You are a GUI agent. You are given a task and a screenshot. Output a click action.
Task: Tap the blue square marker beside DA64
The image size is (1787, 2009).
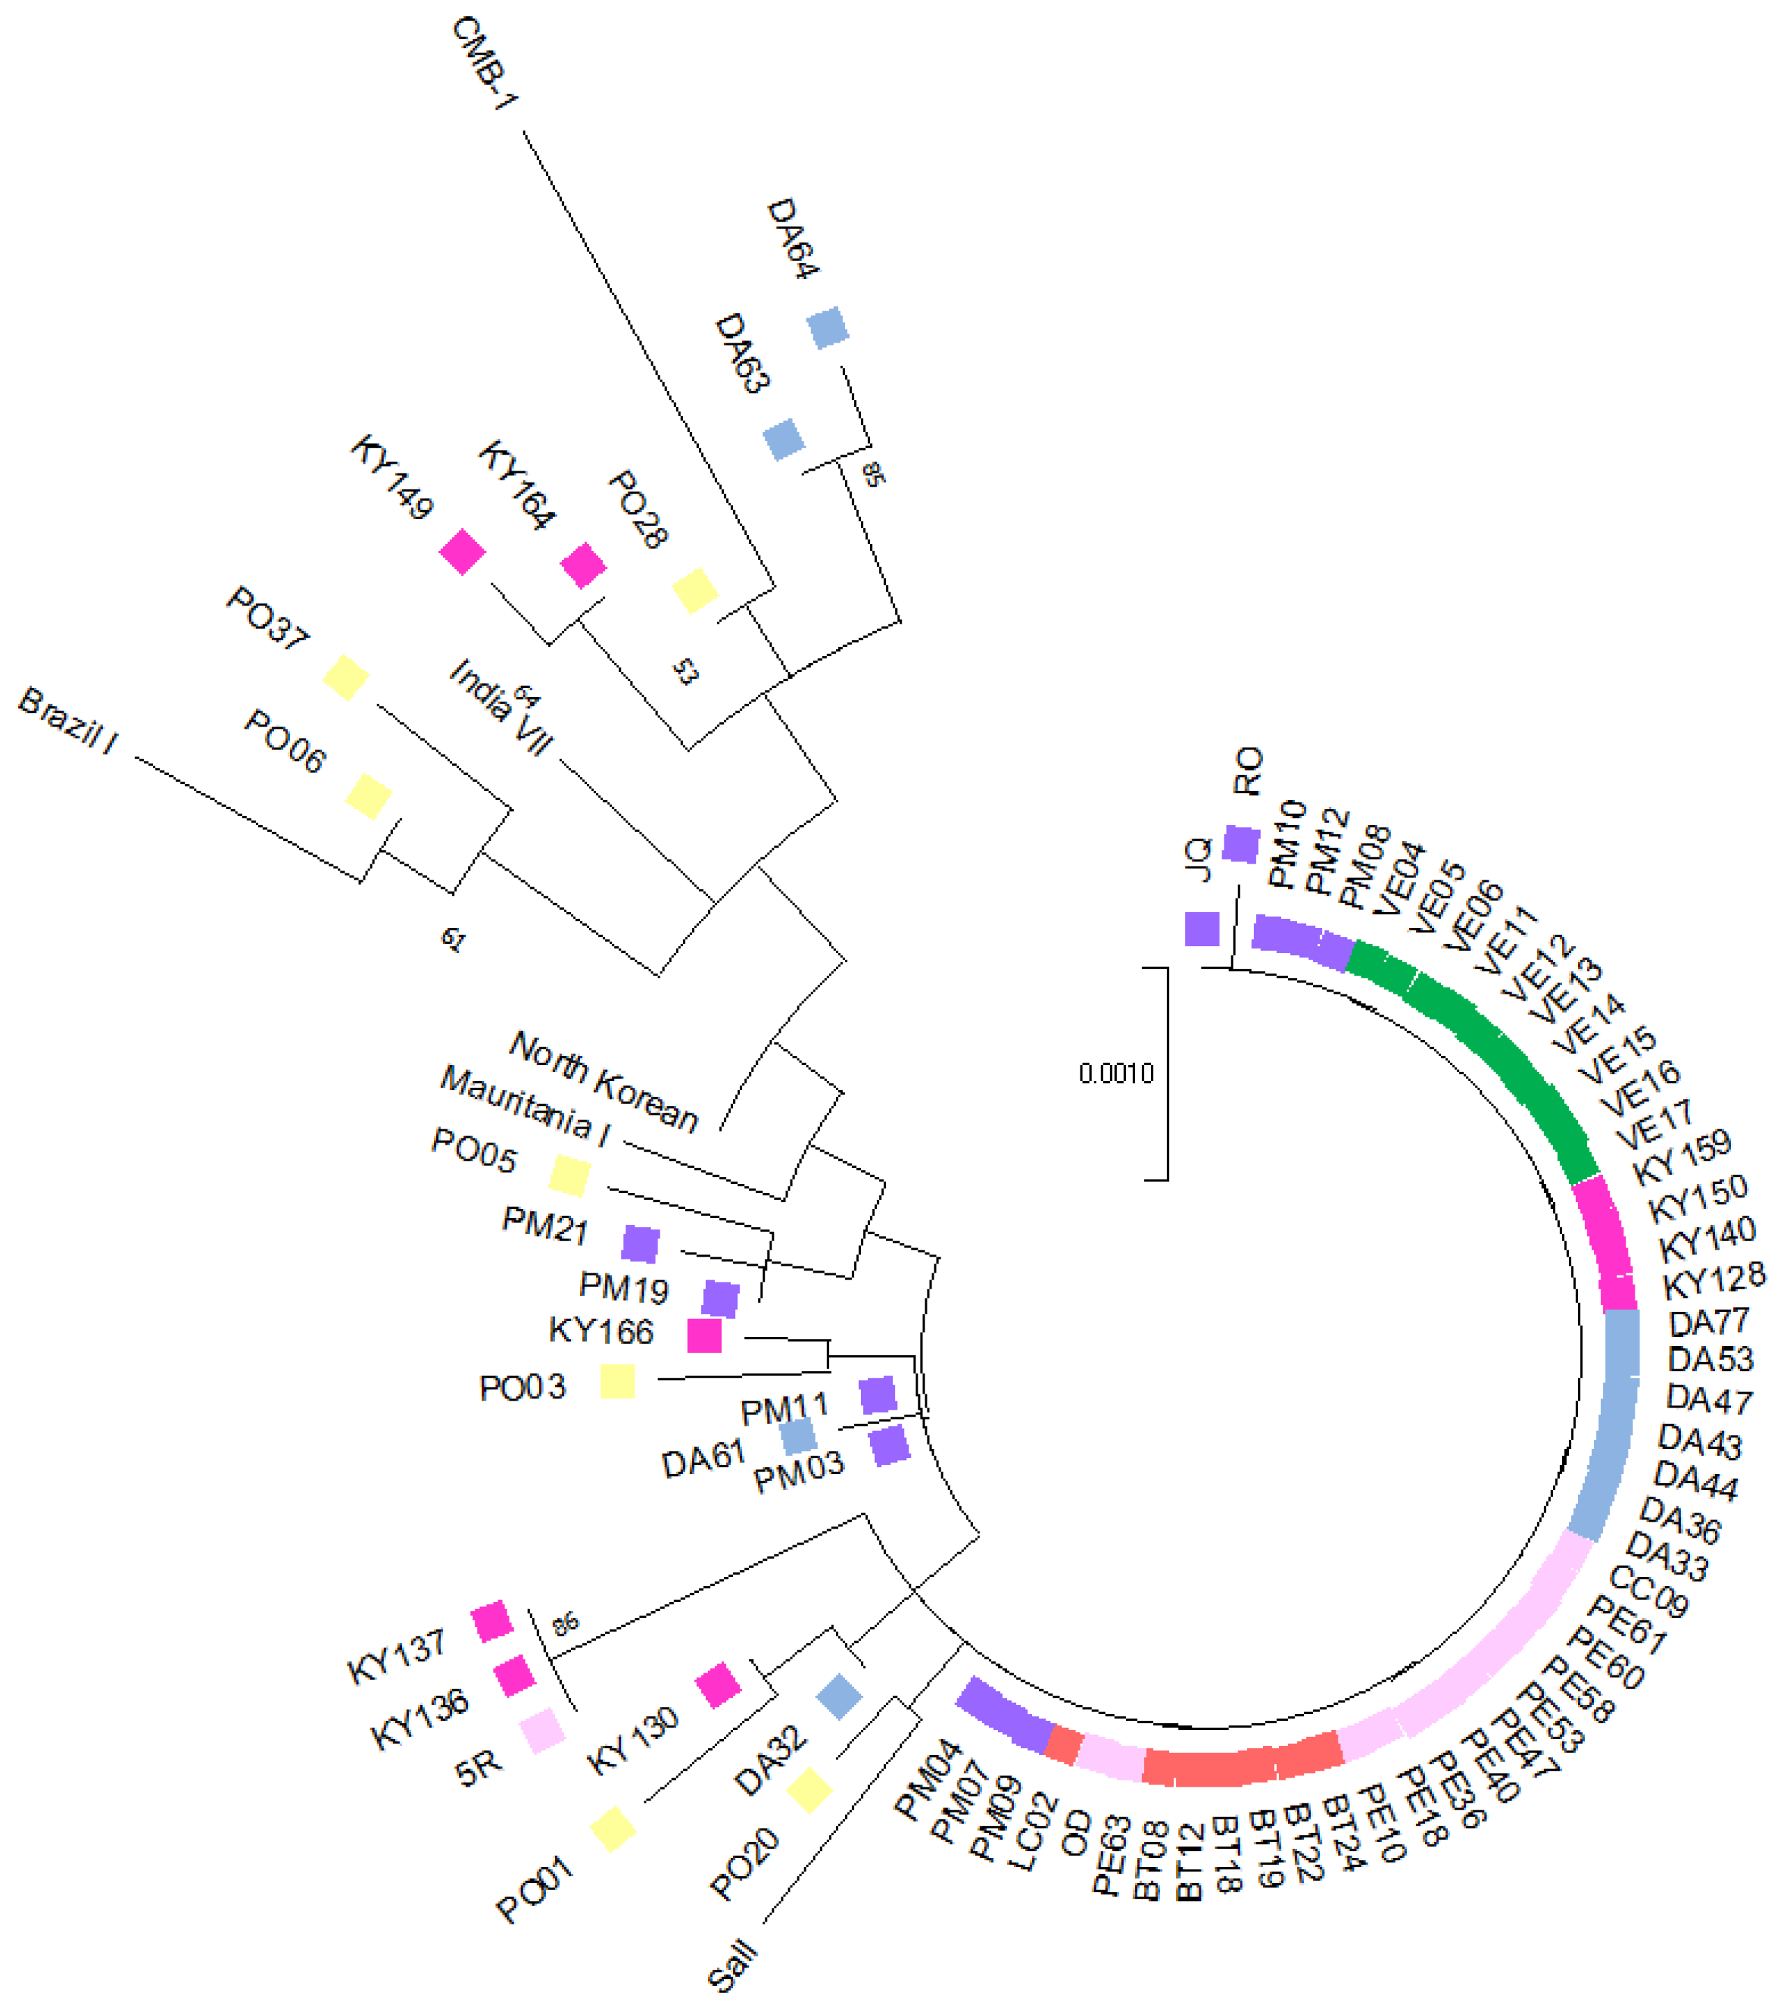(x=827, y=327)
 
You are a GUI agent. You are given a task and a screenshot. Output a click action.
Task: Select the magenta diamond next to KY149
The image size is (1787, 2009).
(x=463, y=552)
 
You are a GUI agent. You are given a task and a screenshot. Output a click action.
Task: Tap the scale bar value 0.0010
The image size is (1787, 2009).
(x=1116, y=1073)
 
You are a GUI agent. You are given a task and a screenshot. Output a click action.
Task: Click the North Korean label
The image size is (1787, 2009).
(x=603, y=1081)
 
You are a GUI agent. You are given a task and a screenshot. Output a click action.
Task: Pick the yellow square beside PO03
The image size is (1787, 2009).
(x=617, y=1382)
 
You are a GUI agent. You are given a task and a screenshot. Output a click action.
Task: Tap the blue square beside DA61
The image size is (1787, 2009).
(x=797, y=1437)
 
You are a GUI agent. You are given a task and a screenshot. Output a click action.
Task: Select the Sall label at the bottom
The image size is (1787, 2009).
(x=734, y=1966)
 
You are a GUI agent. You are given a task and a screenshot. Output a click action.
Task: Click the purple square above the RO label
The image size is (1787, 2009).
(x=1240, y=844)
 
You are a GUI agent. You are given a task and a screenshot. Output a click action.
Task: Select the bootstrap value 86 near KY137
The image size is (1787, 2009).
(x=565, y=1624)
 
